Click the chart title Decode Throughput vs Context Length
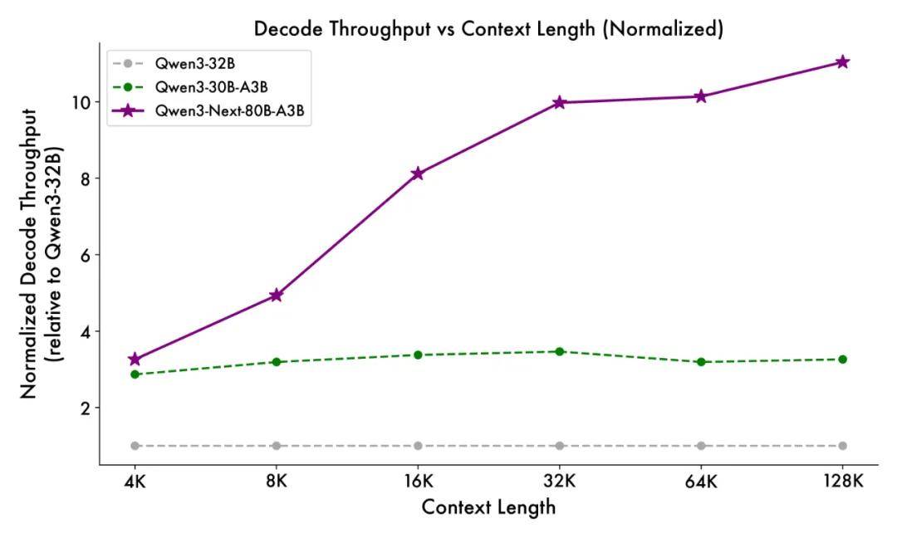coord(488,29)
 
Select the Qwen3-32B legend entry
coord(190,63)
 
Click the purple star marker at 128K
coord(842,62)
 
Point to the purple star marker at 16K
coord(418,174)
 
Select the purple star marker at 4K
coord(135,359)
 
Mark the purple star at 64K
coord(701,96)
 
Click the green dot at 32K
coord(560,351)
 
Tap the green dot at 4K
coord(135,374)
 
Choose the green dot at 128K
coord(842,359)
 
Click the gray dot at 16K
coord(418,446)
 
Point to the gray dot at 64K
coord(701,446)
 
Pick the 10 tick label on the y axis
coord(80,102)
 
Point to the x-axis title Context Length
coord(488,507)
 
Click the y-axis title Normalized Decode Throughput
coord(30,253)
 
